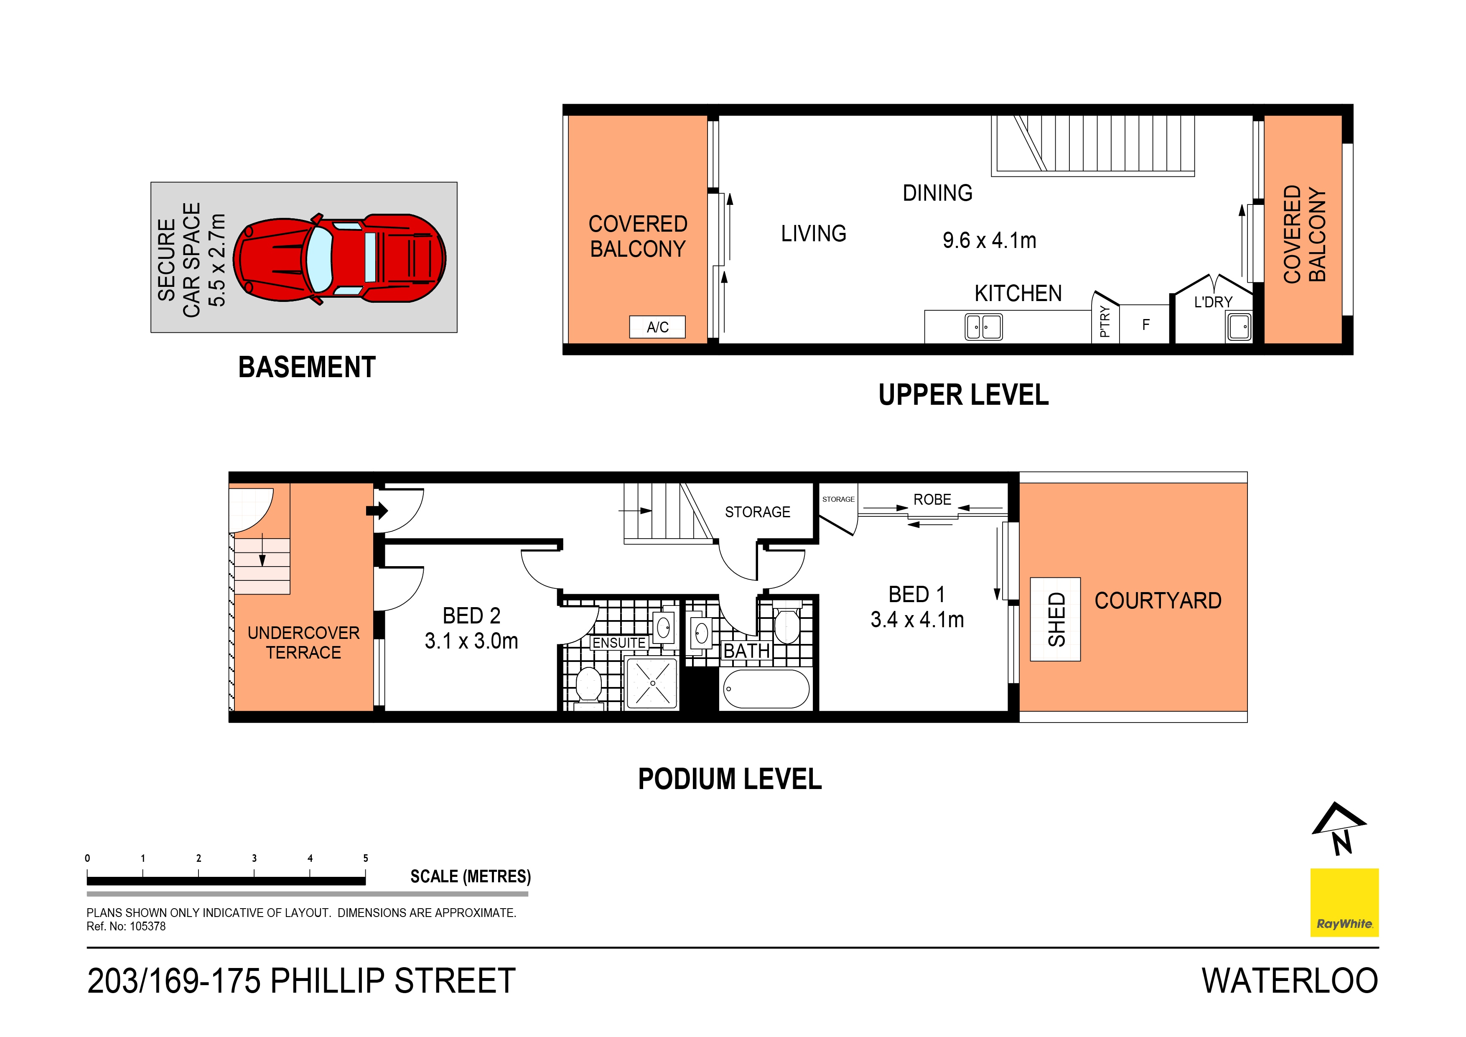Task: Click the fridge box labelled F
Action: click(x=1145, y=324)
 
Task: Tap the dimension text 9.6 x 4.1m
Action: click(x=989, y=241)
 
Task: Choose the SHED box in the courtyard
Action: click(x=1056, y=619)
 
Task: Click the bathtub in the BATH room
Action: click(x=766, y=689)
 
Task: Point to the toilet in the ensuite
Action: click(x=588, y=686)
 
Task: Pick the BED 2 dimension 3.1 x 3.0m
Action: click(x=471, y=641)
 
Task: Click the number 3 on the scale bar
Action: click(x=254, y=858)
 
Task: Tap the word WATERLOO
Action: click(x=1290, y=981)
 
